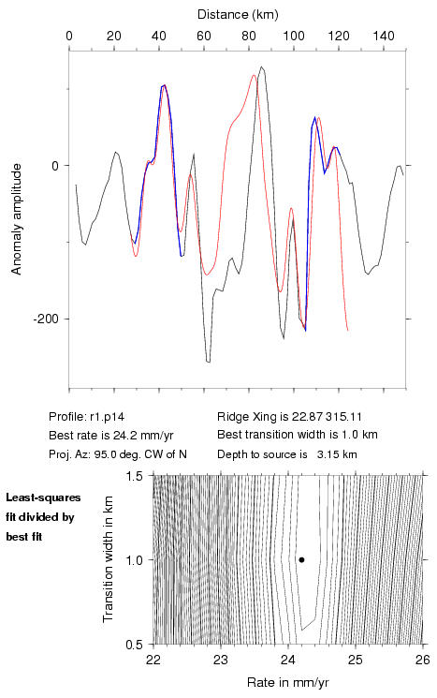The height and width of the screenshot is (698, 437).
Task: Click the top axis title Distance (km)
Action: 238,15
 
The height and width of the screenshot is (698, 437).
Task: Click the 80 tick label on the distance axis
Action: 249,36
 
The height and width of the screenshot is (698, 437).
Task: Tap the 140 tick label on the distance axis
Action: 384,36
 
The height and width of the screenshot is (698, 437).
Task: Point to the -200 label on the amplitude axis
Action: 45,319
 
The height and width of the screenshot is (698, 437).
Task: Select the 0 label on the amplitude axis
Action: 55,166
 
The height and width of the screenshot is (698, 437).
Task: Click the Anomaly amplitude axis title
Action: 17,219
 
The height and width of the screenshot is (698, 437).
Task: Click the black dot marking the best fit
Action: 301,559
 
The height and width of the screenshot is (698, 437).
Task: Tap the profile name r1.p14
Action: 107,417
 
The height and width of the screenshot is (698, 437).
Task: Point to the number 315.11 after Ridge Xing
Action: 343,417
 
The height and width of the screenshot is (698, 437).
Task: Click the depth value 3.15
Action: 326,454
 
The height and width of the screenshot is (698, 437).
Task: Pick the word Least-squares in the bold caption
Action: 44,498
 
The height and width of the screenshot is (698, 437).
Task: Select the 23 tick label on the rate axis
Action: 221,660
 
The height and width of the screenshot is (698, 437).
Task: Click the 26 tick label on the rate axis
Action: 422,660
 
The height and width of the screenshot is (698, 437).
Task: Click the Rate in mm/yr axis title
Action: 287,682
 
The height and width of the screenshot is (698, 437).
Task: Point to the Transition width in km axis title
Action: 108,559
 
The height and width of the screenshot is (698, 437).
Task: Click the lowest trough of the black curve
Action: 208,362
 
